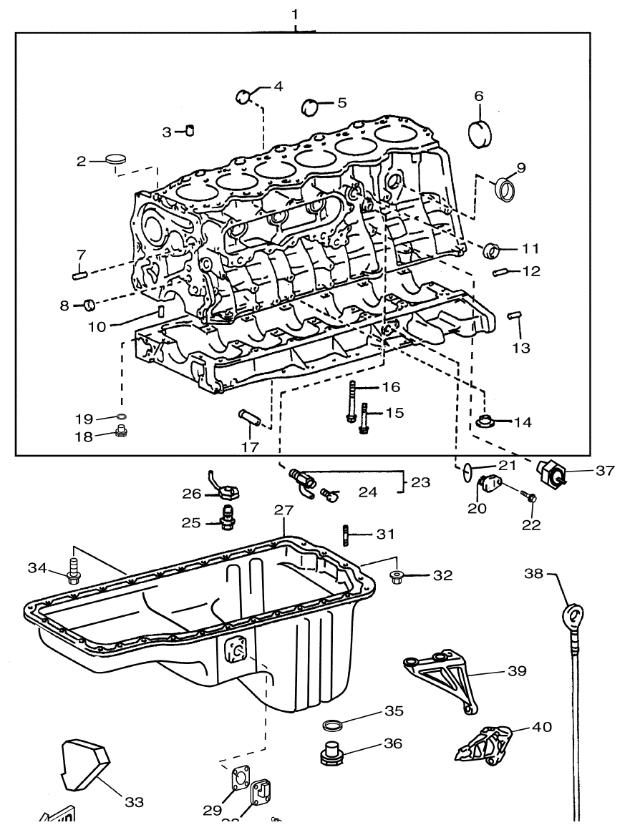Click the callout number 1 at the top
[296, 14]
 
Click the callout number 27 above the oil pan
[284, 510]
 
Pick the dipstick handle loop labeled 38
[573, 615]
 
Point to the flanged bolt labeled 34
[72, 570]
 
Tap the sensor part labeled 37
[552, 473]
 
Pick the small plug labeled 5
[310, 106]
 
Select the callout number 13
[521, 348]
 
